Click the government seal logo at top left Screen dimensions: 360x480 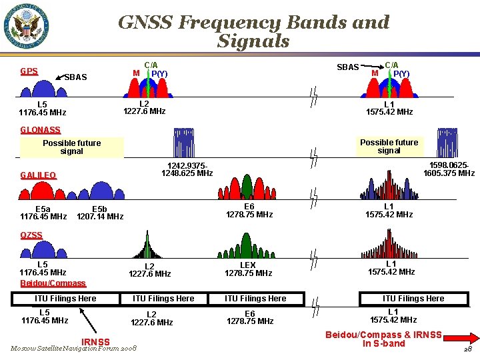[27, 27]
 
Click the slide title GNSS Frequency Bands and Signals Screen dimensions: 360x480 [253, 31]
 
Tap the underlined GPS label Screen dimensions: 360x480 [29, 71]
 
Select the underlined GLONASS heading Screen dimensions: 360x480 [40, 130]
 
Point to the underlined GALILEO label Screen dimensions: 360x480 [38, 175]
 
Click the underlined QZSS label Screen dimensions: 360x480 [31, 235]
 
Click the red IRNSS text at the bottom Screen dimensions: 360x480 [95, 342]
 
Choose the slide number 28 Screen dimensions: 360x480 [467, 349]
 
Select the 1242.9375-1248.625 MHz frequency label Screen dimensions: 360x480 [187, 169]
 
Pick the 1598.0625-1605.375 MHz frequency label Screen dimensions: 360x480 [449, 169]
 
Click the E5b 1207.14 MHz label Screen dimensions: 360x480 [100, 212]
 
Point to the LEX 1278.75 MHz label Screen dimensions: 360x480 [248, 269]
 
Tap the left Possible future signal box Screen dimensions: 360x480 [72, 147]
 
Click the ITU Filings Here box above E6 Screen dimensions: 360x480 [255, 299]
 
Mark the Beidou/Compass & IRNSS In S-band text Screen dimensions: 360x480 [383, 339]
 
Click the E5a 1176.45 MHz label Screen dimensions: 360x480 [43, 212]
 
